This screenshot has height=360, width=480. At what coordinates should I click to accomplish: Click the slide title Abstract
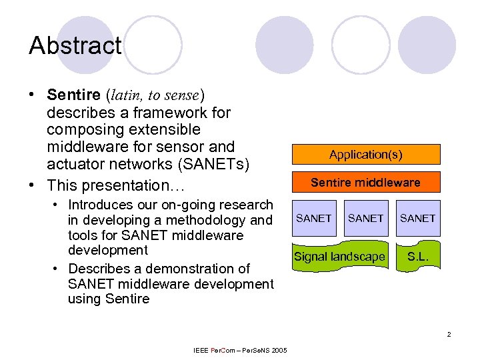[x=75, y=46]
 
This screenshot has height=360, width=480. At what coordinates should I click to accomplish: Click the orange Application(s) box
[x=365, y=154]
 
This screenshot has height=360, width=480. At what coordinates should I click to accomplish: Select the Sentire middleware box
[x=365, y=182]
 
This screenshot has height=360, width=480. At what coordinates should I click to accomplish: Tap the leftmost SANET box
[x=313, y=219]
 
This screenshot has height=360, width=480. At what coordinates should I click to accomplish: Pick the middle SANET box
[x=365, y=219]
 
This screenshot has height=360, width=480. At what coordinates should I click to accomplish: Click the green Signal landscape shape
[x=339, y=257]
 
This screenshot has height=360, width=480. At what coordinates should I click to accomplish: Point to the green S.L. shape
[x=418, y=257]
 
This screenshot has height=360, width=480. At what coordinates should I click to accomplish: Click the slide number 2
[x=449, y=334]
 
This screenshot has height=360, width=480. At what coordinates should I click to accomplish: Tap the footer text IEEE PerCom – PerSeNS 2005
[x=240, y=351]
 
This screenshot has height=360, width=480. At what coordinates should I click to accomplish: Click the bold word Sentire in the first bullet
[x=73, y=95]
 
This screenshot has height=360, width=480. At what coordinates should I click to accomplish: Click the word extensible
[x=154, y=129]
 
